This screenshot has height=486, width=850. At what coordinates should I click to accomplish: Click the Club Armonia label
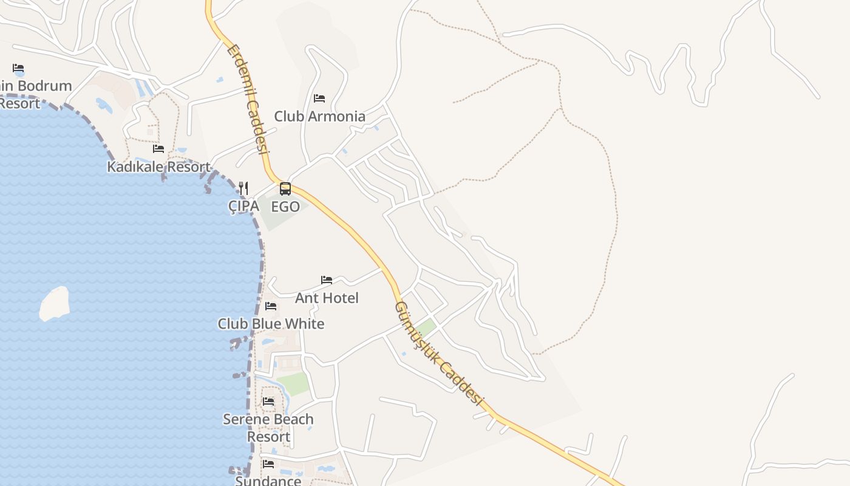[319, 116]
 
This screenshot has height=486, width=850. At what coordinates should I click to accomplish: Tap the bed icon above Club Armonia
[319, 98]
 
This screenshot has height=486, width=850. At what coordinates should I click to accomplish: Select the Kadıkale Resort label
[158, 166]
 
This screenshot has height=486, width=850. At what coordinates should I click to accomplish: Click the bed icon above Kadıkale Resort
[158, 148]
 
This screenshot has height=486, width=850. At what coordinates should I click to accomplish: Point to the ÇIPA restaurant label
[243, 206]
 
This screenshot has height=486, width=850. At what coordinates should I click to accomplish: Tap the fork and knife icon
[243, 188]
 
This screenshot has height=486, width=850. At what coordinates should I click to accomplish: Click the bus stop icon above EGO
[285, 189]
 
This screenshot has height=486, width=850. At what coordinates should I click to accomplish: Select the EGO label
[285, 207]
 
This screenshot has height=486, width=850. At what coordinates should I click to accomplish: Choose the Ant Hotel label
[327, 298]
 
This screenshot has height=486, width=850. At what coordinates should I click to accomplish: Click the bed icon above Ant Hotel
[327, 280]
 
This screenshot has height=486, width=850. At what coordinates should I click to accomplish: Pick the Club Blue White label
[271, 324]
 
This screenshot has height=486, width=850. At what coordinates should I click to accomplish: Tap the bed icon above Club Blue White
[271, 306]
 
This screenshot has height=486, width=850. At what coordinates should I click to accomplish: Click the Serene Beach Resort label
[268, 428]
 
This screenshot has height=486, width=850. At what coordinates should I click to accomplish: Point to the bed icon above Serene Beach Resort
[268, 402]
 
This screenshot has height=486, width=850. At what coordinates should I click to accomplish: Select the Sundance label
[268, 481]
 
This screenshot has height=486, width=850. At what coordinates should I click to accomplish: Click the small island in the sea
[55, 303]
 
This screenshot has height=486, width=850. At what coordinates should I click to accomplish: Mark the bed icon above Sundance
[268, 464]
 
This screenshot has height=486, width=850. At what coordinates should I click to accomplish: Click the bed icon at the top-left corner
[18, 68]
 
